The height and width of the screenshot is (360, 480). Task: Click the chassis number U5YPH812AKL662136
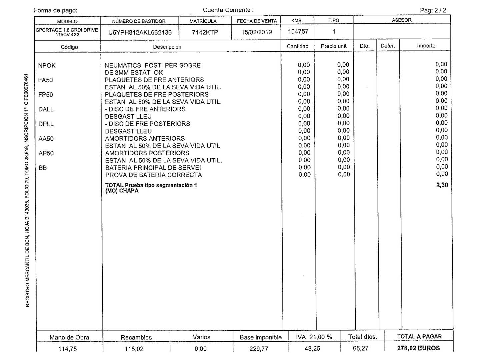[140, 32]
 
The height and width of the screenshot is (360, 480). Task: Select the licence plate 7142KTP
[205, 32]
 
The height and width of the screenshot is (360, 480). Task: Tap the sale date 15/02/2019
[256, 32]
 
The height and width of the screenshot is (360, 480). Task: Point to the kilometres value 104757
[298, 32]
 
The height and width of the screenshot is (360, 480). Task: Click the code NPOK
[47, 66]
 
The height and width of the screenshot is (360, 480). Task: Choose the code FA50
[46, 80]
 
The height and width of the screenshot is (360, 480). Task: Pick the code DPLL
[46, 124]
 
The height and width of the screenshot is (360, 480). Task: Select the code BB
[43, 168]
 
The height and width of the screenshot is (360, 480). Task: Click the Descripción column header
[167, 47]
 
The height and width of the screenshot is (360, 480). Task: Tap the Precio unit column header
[334, 46]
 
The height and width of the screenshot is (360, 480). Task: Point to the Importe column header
[426, 46]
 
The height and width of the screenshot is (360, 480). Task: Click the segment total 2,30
[442, 185]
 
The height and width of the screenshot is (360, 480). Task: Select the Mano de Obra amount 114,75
[69, 349]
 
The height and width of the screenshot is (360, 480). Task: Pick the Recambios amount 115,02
[136, 349]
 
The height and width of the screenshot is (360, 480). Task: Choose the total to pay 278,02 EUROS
[418, 348]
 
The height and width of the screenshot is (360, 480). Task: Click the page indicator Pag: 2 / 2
[433, 10]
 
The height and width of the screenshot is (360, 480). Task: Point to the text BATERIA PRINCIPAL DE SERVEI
[153, 168]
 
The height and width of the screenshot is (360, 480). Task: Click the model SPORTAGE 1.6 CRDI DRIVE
[67, 30]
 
